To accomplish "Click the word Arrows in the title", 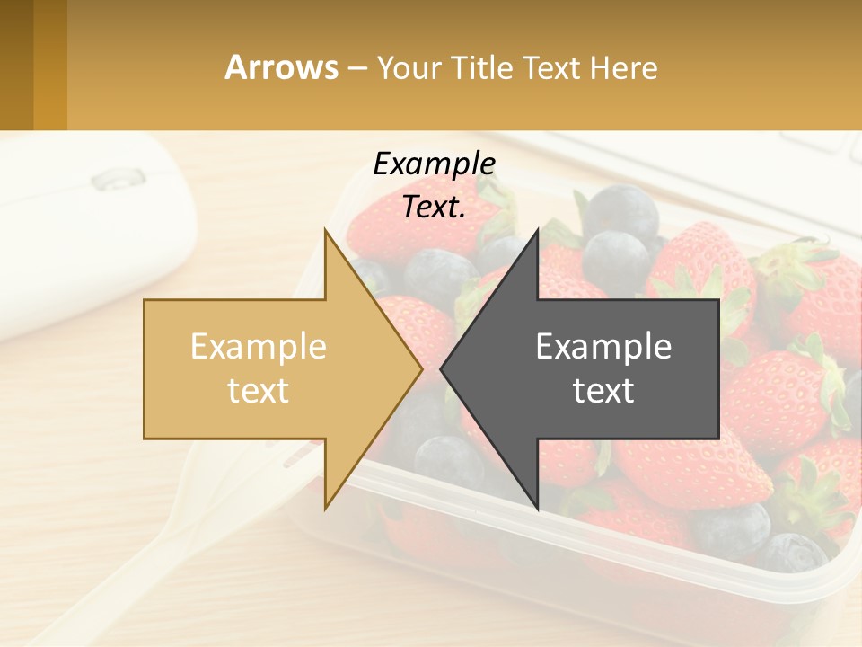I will [281, 67].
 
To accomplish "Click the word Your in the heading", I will [409, 68].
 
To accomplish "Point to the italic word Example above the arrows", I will [434, 164].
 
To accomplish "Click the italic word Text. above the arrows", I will [434, 207].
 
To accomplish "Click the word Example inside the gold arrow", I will [259, 346].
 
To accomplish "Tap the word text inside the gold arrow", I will [259, 390].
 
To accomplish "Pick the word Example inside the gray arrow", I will [603, 346].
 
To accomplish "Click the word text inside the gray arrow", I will [603, 390].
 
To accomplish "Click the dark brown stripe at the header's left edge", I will [16, 65].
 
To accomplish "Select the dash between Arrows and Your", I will [356, 68].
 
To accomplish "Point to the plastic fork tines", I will [301, 454].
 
